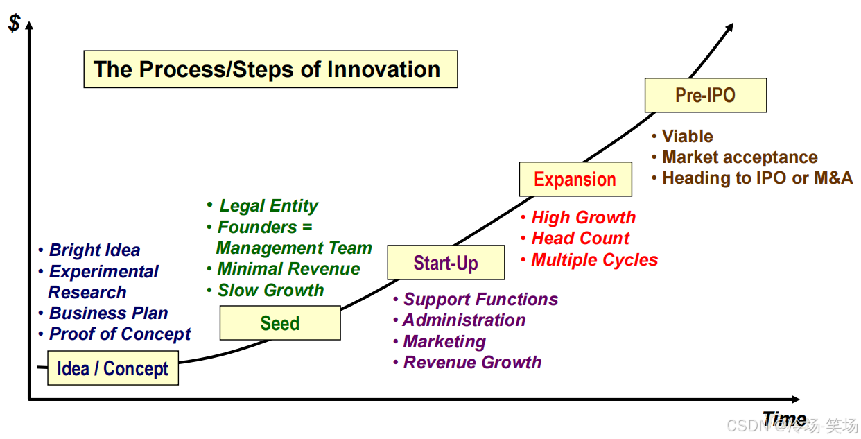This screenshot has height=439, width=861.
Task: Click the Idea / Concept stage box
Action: [112, 368]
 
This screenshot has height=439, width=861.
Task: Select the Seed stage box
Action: [280, 323]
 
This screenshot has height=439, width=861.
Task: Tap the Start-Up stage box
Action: [446, 263]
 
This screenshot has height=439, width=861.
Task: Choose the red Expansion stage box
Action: [575, 180]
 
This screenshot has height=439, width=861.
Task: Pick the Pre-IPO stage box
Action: [705, 95]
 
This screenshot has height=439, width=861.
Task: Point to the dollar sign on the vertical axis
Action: [14, 23]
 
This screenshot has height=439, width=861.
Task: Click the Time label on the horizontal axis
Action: [784, 418]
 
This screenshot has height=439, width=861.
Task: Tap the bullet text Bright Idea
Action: [95, 250]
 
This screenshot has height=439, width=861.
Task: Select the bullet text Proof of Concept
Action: [120, 334]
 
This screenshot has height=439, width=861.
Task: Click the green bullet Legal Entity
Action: [268, 206]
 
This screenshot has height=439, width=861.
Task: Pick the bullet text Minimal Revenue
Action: [288, 269]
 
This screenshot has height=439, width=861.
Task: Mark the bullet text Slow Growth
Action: [270, 291]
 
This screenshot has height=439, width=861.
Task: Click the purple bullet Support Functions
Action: [480, 300]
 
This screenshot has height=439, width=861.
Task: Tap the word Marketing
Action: [444, 342]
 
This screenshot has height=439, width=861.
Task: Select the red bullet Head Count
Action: [580, 239]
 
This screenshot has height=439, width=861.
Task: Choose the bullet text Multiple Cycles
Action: [594, 260]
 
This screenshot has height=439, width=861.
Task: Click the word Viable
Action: [687, 137]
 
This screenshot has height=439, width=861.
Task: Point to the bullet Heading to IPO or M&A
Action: [757, 178]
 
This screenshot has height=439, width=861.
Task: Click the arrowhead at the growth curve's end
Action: [729, 27]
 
